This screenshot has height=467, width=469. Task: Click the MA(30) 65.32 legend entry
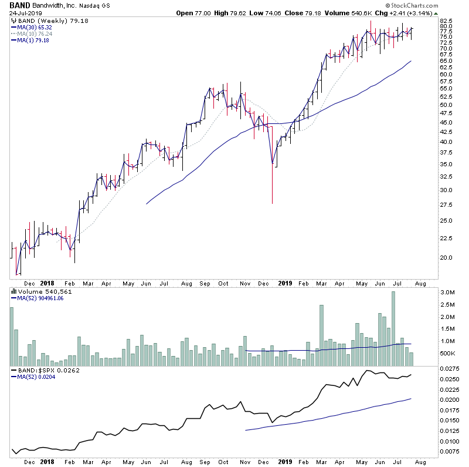[32, 27]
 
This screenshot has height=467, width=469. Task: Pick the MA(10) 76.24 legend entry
[32, 33]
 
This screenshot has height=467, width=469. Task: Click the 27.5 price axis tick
[448, 205]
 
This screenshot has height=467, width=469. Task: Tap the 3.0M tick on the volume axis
[448, 292]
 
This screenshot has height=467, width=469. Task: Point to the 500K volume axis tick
[448, 353]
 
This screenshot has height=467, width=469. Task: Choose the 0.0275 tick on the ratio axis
[450, 368]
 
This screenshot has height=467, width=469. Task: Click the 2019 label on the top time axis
[286, 283]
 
